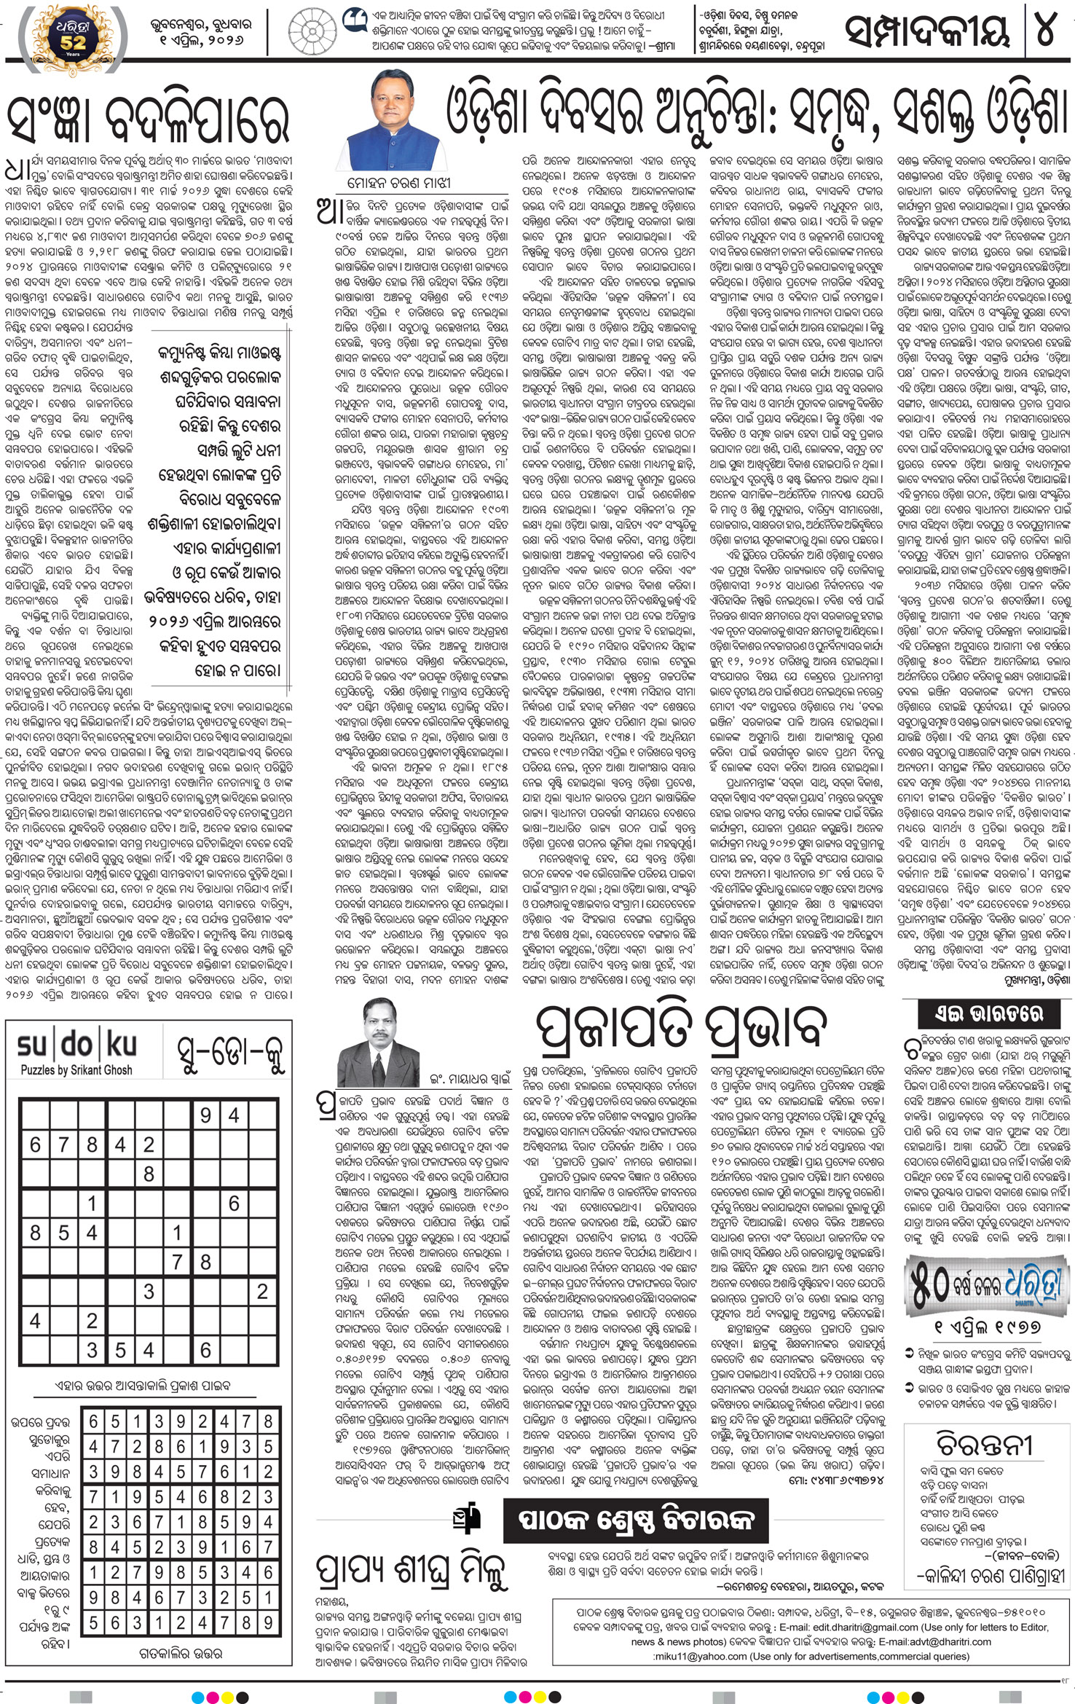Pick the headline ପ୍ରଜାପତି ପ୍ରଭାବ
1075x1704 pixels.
(x=681, y=1027)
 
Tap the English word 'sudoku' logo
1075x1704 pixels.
(x=77, y=1045)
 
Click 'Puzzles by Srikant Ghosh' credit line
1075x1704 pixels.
(x=76, y=1070)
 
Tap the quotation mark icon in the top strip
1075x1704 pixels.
(x=353, y=19)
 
